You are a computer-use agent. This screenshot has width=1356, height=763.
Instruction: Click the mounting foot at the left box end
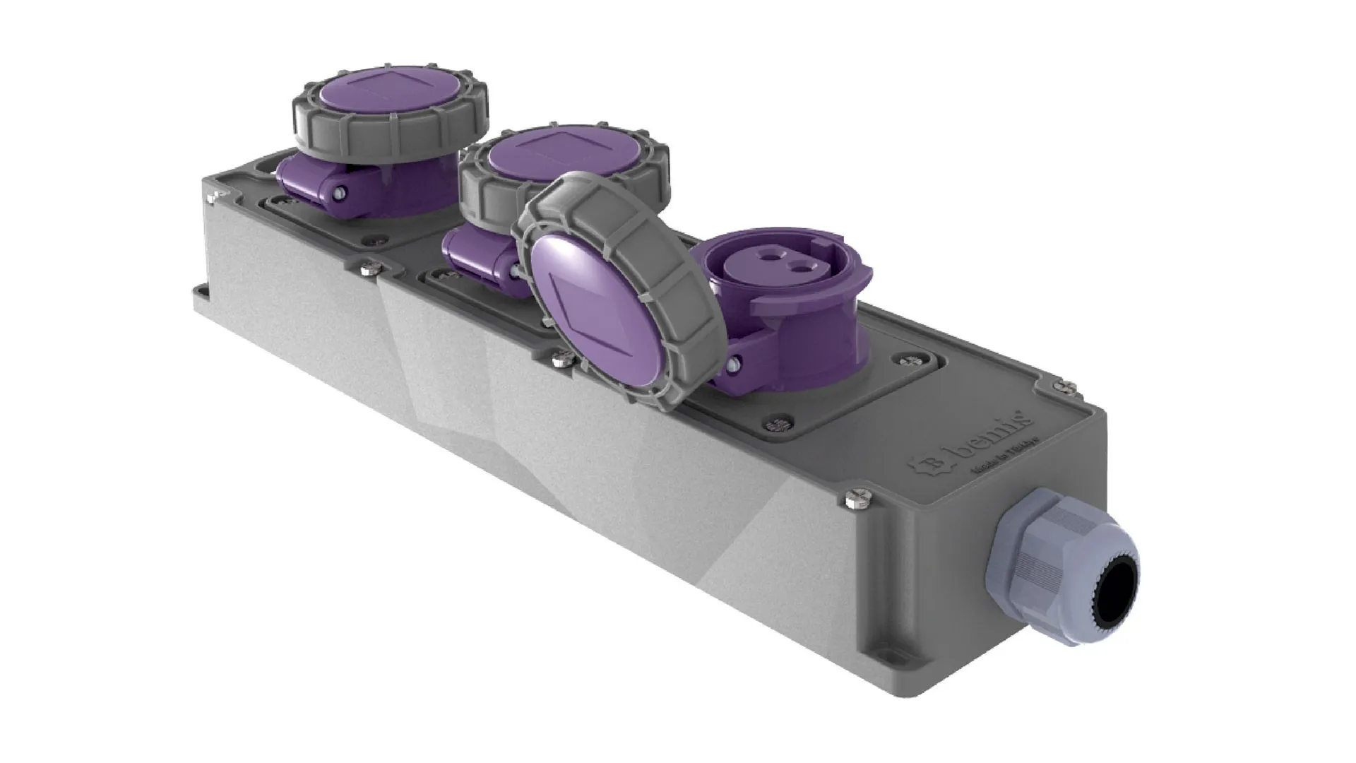click(x=199, y=292)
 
